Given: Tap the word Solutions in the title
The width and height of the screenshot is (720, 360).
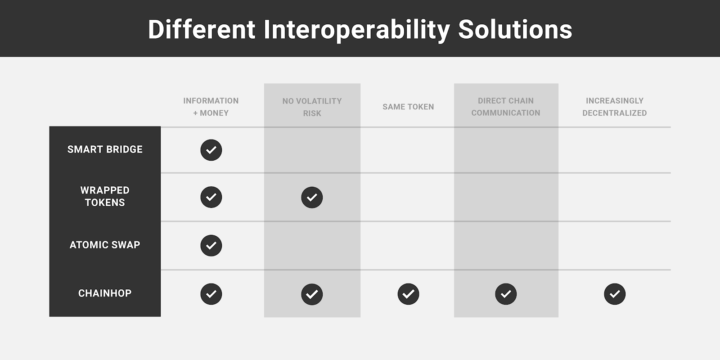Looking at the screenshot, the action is click(515, 29).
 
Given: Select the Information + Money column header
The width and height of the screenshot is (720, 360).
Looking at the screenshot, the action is click(211, 107).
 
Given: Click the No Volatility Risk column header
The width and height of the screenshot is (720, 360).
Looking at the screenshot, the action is click(312, 107).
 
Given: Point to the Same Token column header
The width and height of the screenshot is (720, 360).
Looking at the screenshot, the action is click(408, 107).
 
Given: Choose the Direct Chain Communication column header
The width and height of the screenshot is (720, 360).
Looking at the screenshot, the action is click(506, 107).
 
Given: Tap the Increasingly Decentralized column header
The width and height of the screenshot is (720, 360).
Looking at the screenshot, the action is click(615, 107).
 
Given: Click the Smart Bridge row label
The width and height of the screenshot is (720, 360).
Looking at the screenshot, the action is click(105, 149).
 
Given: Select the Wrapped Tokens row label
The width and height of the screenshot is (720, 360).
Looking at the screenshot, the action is click(105, 196).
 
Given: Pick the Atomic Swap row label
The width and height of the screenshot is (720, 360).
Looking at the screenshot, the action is click(105, 245).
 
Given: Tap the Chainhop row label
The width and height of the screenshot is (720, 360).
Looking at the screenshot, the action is click(105, 293).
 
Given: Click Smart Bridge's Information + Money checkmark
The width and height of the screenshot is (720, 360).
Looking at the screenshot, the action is click(211, 150).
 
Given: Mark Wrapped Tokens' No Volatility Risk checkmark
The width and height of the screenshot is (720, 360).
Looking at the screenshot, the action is click(312, 198).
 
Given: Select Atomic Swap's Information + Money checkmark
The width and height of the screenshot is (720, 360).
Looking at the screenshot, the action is click(211, 246).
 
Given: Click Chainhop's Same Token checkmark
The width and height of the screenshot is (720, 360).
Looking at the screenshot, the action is click(408, 294).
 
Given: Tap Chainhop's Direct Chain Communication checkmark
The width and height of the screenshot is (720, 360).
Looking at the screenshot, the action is click(506, 294).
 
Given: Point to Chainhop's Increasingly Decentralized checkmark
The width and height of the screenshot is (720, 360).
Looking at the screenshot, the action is click(615, 294).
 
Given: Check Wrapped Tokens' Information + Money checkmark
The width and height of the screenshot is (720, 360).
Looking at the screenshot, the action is click(211, 197).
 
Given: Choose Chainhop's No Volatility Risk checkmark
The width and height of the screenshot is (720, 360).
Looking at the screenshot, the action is click(312, 294).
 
